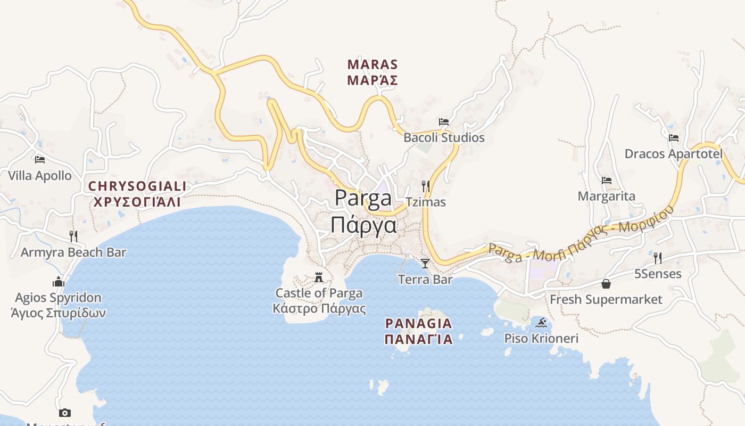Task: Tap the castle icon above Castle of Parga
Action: coord(319,277)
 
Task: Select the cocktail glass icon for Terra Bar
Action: coord(425,264)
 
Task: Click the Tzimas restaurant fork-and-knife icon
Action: coord(425,186)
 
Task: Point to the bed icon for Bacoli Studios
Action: coord(443,122)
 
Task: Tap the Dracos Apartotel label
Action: coord(673,154)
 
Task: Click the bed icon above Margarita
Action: coord(606,181)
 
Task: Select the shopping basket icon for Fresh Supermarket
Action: coord(606,284)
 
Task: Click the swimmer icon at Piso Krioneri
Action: coord(541,323)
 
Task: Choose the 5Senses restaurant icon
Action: coord(658,258)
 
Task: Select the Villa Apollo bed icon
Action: coord(39,160)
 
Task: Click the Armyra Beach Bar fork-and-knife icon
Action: coord(73,236)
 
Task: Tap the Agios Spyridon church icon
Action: coord(58,282)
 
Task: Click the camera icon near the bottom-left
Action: coord(64,413)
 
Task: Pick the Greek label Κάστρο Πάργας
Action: coord(319,309)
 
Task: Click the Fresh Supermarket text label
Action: coord(606,299)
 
